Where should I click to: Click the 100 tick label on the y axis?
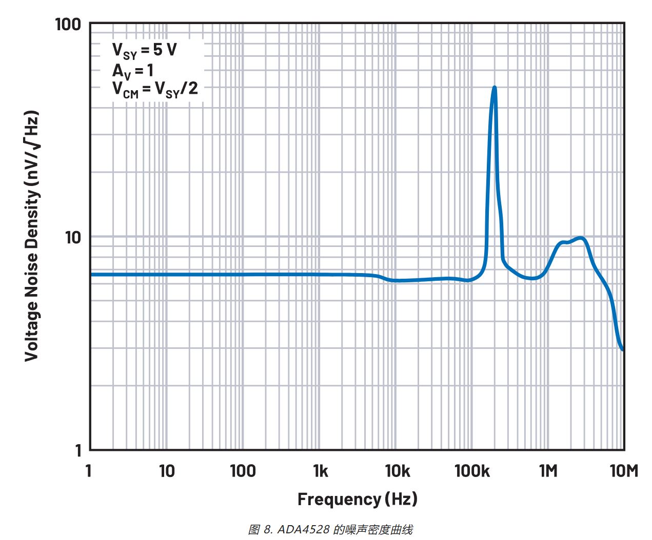[x=68, y=24]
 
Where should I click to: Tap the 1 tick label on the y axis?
[x=78, y=450]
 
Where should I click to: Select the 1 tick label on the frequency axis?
[x=88, y=470]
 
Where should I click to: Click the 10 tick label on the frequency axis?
[x=166, y=470]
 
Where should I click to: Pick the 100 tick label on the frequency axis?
[x=243, y=470]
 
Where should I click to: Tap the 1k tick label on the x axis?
[x=320, y=470]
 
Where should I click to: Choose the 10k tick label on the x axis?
[x=397, y=470]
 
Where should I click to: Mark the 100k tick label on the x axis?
[x=472, y=470]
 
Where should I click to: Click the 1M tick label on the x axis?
[x=548, y=470]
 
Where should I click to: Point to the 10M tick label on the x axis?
[x=624, y=470]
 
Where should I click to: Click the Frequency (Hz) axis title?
[x=357, y=499]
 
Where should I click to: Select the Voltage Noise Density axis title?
[x=32, y=236]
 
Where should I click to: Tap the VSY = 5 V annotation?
[x=144, y=50]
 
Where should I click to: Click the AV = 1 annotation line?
[x=133, y=70]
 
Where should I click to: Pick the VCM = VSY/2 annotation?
[x=155, y=89]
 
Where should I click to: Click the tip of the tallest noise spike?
[x=494, y=87]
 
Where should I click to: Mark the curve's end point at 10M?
[x=623, y=350]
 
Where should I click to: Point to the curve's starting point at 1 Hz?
[x=91, y=275]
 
